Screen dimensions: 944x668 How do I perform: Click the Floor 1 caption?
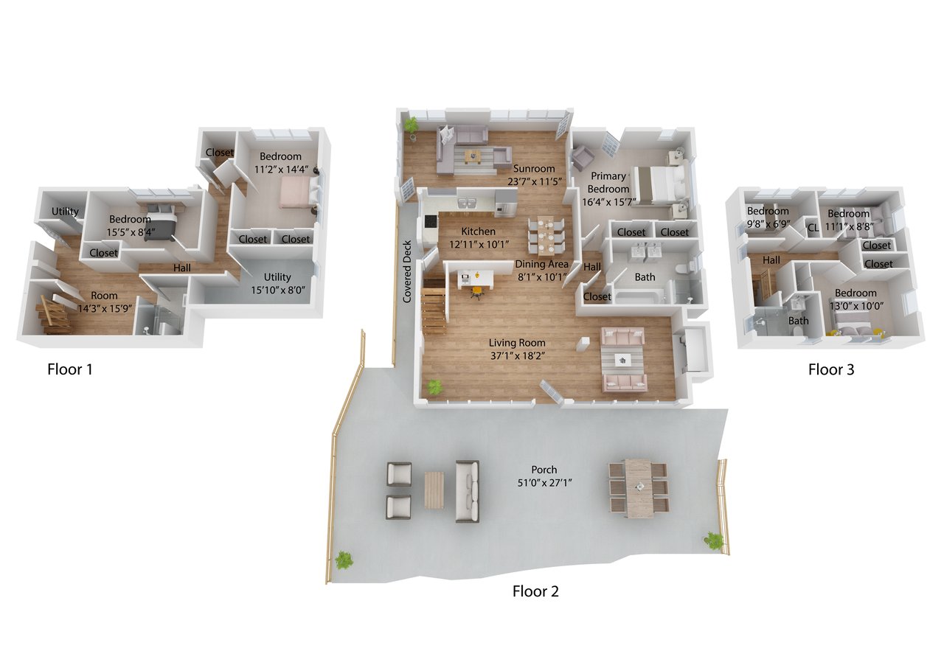click(69, 369)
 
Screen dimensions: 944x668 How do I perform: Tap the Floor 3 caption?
click(831, 369)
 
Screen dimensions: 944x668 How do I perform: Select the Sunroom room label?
click(534, 168)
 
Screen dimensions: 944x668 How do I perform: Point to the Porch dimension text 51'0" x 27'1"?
click(544, 483)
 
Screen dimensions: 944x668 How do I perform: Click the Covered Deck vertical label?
click(406, 271)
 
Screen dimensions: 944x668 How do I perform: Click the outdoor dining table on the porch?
click(639, 487)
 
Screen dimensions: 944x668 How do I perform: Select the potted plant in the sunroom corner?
click(410, 127)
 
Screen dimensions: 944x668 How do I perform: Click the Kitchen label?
click(478, 232)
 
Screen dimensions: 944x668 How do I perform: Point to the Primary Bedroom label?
click(608, 182)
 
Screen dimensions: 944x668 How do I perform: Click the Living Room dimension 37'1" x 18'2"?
click(518, 356)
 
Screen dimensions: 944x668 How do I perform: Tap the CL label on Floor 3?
click(813, 228)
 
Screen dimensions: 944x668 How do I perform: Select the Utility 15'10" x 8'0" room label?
click(278, 283)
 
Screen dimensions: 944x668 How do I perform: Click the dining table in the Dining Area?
click(546, 235)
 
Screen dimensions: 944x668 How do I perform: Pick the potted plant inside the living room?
click(434, 386)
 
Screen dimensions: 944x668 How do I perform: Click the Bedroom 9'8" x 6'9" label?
click(768, 218)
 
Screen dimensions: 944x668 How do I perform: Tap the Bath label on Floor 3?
click(799, 321)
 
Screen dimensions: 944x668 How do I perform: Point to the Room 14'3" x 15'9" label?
click(105, 302)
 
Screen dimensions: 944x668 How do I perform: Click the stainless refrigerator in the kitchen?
click(506, 203)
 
